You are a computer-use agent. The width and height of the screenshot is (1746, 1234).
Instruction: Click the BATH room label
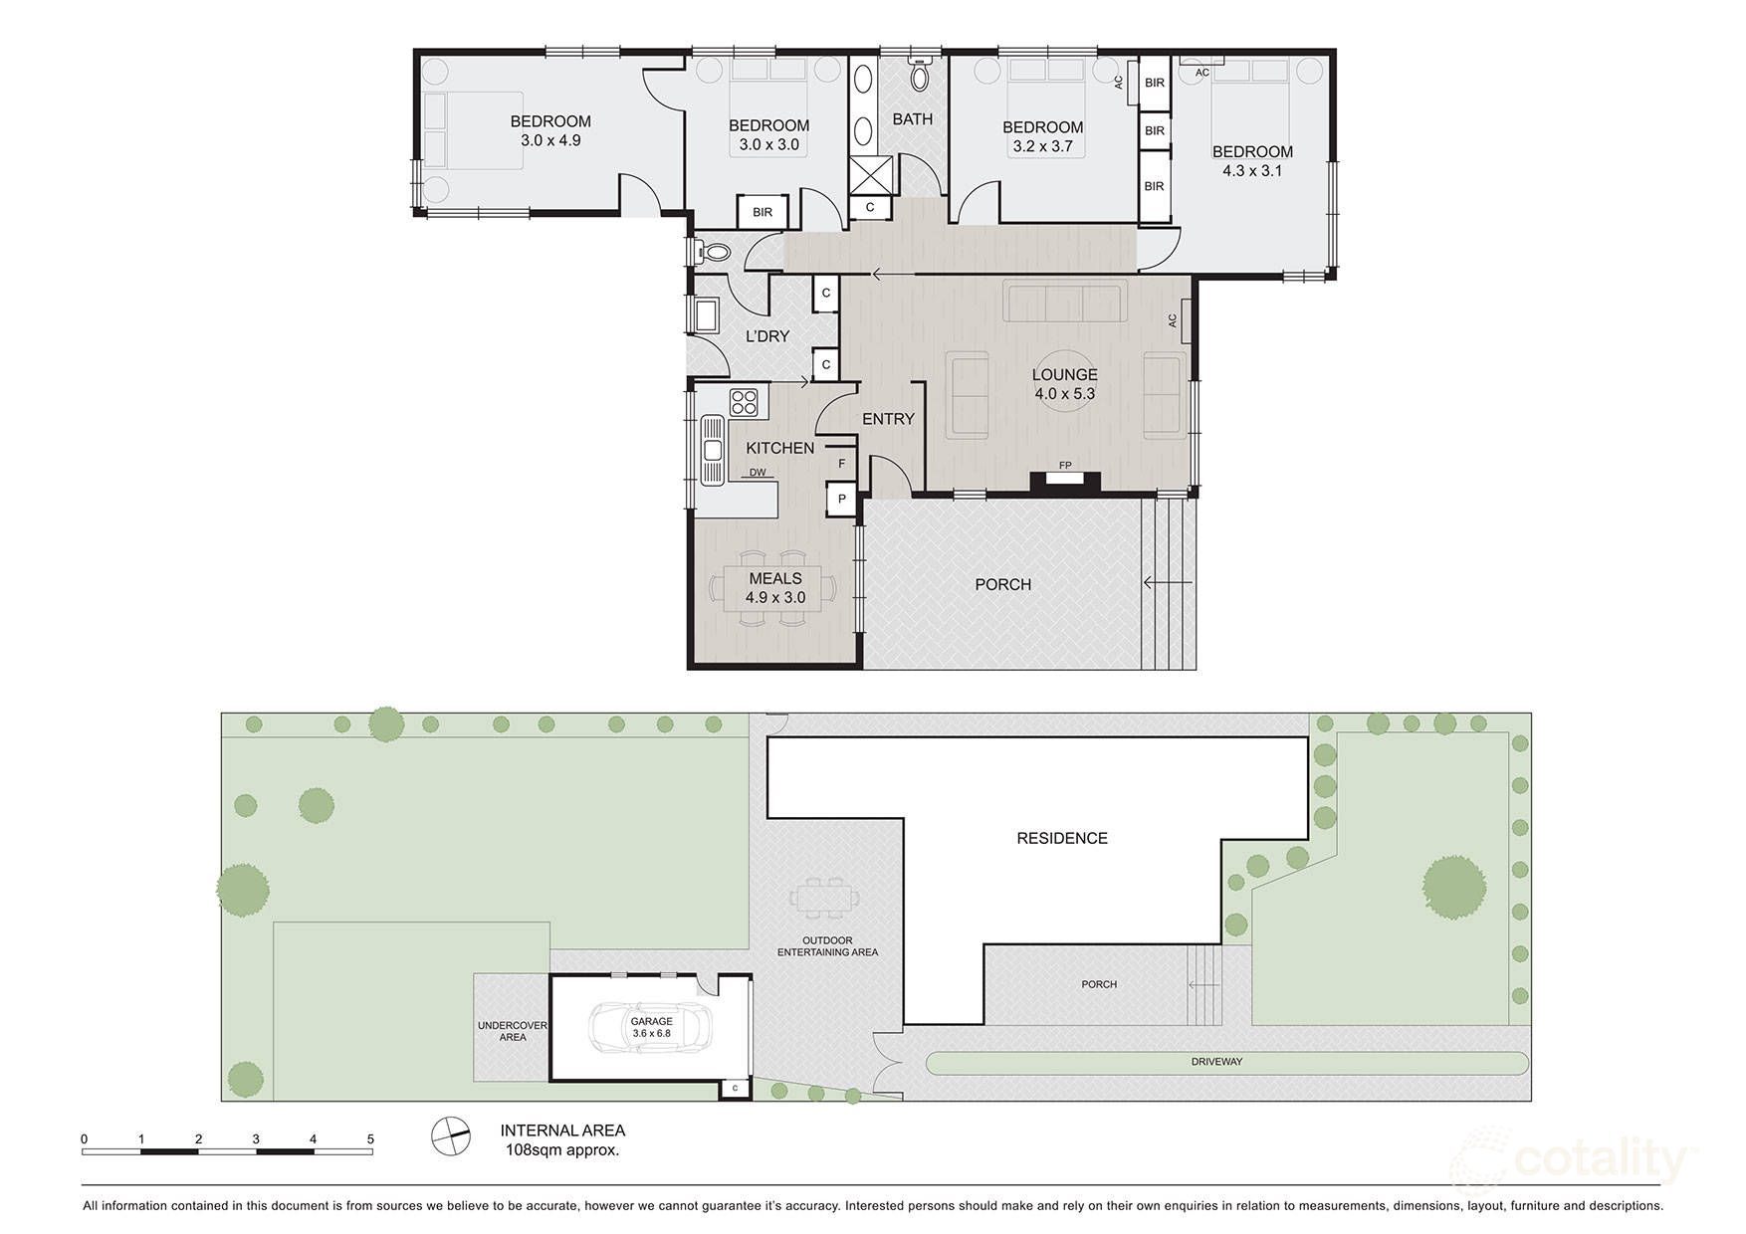912,119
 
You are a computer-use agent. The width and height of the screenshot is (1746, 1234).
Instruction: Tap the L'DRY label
767,336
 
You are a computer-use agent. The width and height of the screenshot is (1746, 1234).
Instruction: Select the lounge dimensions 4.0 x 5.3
1064,394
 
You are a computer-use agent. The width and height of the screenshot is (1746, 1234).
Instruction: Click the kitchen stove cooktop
743,403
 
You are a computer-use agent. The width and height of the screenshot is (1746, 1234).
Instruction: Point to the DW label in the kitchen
758,473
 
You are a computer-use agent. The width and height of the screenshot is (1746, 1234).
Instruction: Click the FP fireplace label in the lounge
1065,465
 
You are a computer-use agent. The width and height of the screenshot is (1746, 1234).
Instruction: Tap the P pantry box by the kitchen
841,499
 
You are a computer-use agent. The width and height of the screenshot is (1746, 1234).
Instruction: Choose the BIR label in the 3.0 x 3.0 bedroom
763,212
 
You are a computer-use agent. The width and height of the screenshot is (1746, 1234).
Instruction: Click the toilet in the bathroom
920,74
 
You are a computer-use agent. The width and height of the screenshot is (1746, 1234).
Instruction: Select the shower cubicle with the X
870,176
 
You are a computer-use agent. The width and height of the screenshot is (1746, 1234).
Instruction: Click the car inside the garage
649,1028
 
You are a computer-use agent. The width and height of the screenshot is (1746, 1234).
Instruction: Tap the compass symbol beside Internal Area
450,1136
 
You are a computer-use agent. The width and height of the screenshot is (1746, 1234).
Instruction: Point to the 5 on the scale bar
370,1139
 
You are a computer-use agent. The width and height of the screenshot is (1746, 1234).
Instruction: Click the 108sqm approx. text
562,1150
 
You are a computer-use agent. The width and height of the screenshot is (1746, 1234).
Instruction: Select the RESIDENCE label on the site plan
1062,838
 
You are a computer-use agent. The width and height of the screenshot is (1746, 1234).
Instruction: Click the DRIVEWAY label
1216,1062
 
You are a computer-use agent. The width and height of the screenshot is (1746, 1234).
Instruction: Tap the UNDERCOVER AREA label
513,1031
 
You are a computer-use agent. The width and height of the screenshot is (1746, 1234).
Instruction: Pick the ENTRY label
888,420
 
